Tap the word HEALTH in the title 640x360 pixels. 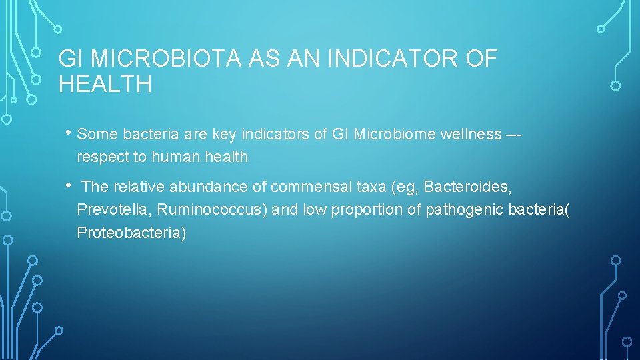pos(105,84)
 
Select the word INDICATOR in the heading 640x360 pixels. pos(390,59)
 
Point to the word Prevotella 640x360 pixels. pos(113,209)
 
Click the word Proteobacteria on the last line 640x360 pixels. pos(131,233)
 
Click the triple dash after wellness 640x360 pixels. pos(513,134)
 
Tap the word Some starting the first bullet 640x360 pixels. pos(97,134)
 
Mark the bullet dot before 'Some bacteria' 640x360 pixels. pos(69,133)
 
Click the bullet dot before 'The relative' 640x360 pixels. pos(69,184)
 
